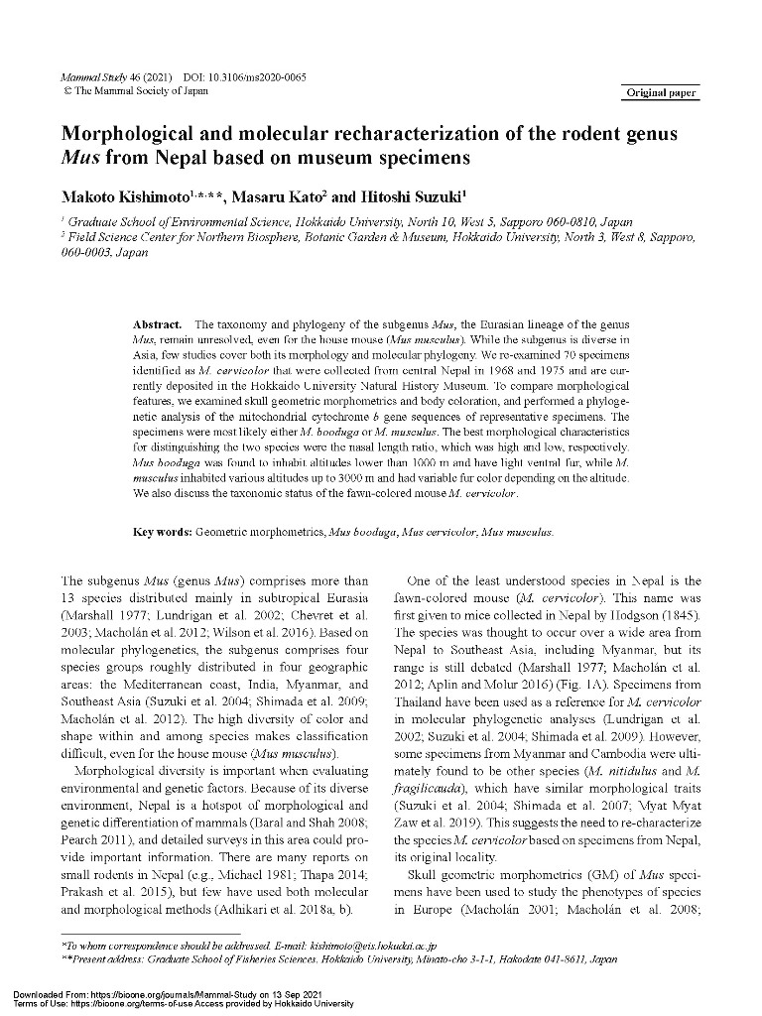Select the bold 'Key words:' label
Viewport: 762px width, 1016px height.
point(163,533)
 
